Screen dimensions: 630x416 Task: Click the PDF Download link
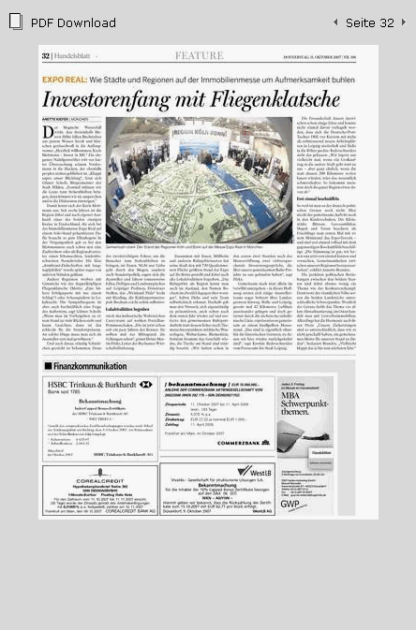pos(73,22)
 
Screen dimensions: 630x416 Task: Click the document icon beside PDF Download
pos(15,22)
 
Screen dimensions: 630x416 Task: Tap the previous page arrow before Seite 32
pos(335,22)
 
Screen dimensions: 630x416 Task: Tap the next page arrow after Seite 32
pos(403,22)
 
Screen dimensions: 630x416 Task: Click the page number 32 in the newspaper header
pos(46,56)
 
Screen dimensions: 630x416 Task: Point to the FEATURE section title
pos(199,56)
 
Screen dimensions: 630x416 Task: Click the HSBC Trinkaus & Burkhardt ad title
pos(93,385)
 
